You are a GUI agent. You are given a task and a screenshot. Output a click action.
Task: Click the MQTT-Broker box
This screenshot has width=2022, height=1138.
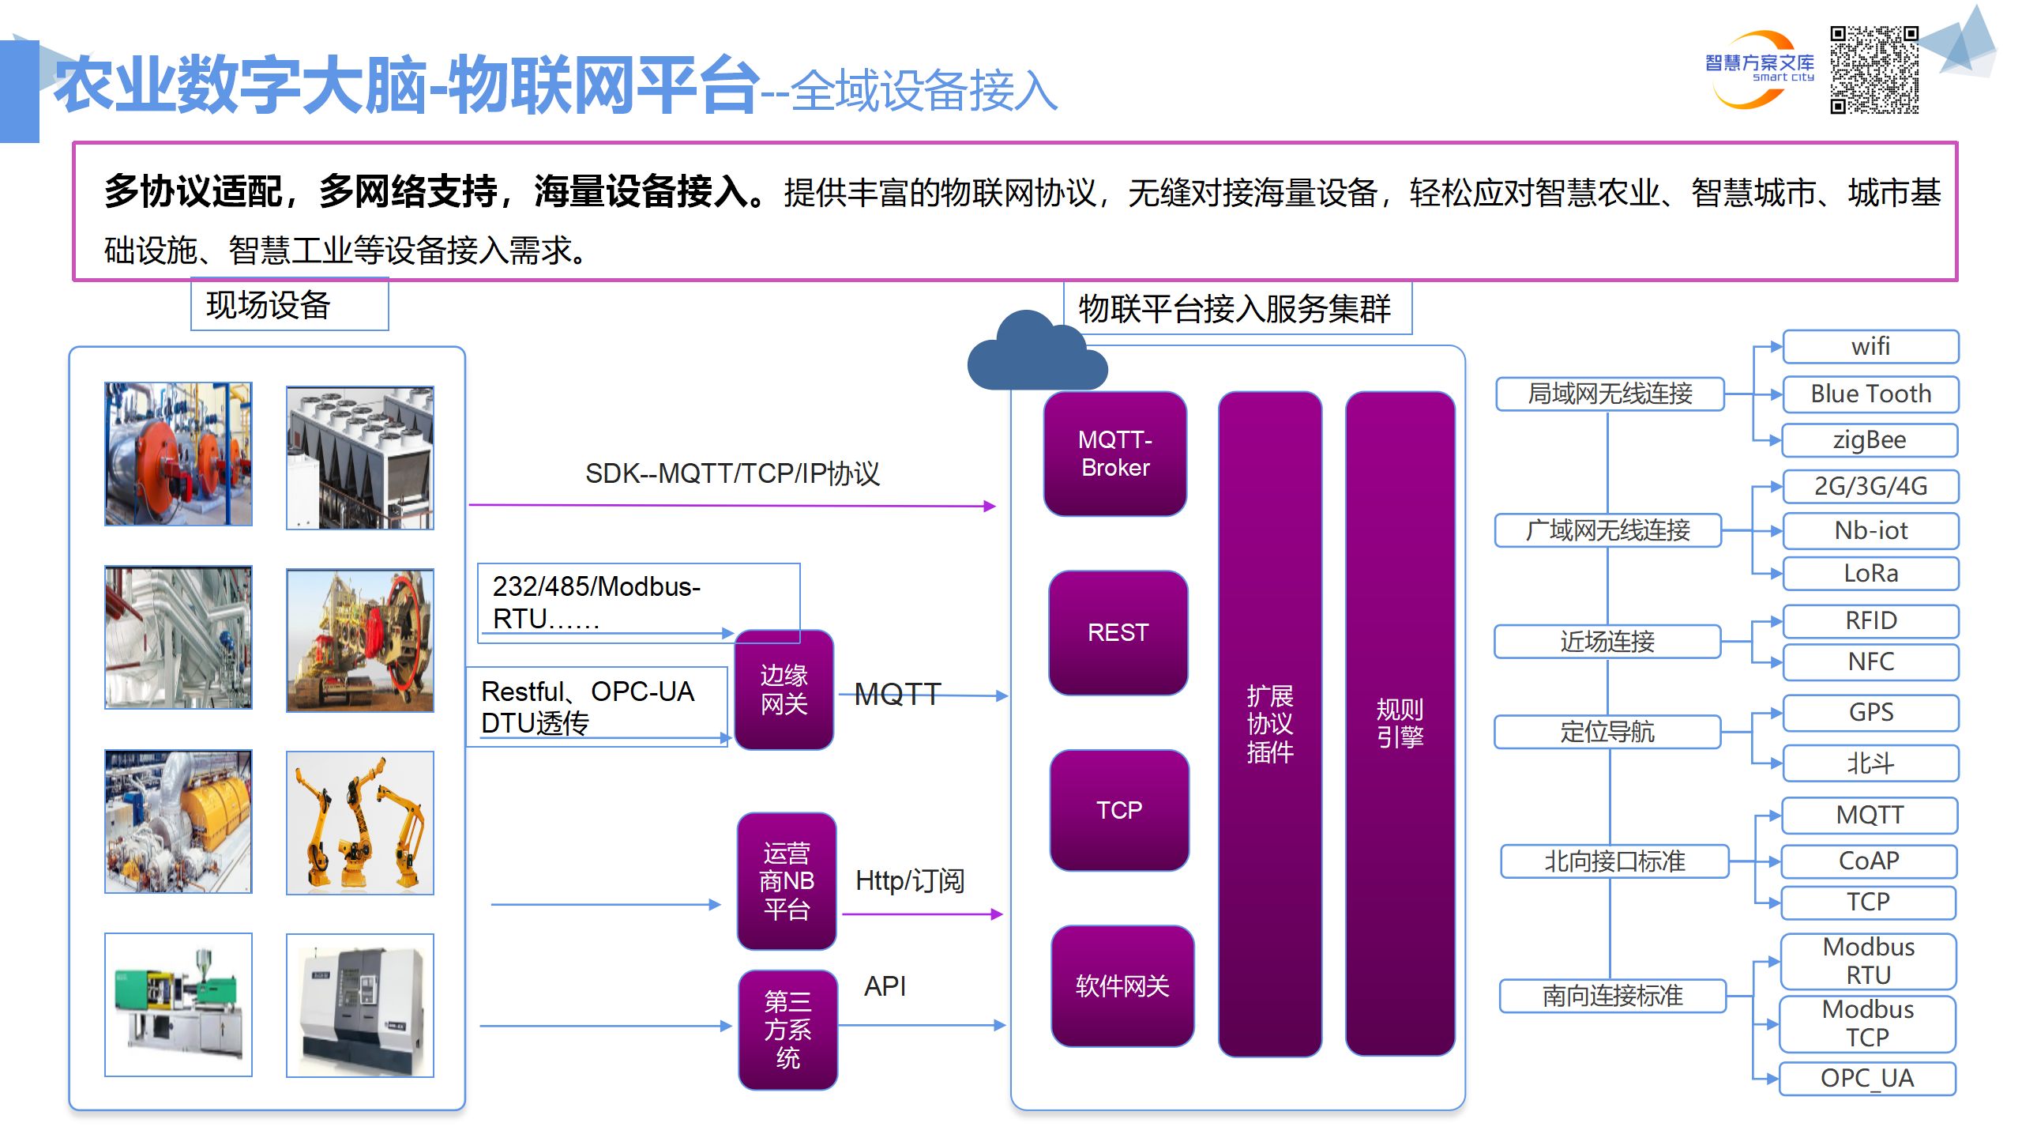1114,454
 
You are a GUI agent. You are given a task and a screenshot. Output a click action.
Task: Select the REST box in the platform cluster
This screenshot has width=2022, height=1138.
1118,632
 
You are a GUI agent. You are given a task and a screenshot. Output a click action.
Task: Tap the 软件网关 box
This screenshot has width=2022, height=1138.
1122,985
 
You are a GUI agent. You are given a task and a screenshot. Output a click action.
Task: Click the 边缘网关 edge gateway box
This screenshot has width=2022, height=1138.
784,689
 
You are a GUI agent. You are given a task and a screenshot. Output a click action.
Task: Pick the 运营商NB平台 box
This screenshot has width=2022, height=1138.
786,880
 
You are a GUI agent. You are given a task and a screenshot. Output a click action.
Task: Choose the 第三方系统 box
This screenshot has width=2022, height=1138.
787,1029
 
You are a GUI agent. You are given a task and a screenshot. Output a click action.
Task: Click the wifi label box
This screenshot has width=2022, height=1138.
1870,346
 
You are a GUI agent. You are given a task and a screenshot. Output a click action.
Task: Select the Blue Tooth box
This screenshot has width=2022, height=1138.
1870,394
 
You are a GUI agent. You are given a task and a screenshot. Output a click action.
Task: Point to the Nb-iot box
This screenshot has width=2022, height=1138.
1870,530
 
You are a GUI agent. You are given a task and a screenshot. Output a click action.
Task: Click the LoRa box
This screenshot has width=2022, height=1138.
1870,573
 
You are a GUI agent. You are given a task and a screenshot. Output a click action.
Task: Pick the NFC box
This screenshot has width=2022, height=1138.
1870,661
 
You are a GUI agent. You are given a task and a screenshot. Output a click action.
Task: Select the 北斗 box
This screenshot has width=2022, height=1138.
1870,763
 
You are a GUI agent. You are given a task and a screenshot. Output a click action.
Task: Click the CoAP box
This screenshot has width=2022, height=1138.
1868,861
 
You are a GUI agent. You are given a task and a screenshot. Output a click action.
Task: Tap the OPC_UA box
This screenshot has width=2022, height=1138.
1866,1078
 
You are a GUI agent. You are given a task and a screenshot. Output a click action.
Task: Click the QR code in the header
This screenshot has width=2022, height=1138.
1874,70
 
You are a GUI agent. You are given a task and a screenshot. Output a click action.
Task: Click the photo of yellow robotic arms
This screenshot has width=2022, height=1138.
360,823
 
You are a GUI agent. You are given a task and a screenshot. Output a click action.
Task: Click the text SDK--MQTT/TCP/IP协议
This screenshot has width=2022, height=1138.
732,473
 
